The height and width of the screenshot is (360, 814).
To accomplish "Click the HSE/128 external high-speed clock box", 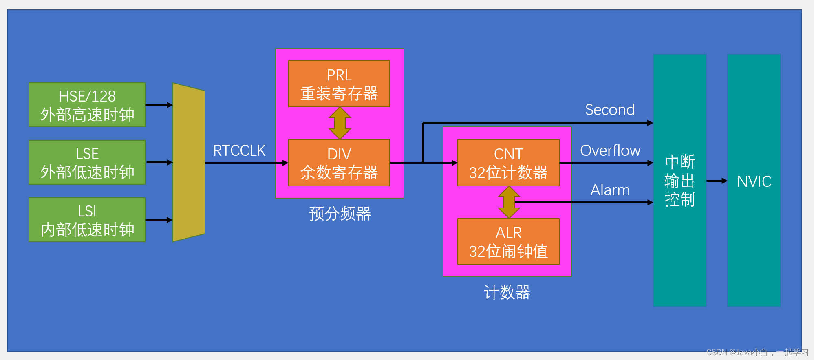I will coord(87,105).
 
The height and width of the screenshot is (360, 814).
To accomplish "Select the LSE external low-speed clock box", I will coord(87,162).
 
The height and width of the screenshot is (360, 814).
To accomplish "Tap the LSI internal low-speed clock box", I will coord(87,220).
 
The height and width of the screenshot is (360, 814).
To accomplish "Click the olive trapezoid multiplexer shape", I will coord(189,162).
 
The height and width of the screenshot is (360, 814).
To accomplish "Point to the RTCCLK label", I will coord(239,150).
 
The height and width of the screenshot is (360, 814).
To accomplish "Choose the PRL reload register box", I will coord(339,84).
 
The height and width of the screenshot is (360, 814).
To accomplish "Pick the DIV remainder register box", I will coord(339,163).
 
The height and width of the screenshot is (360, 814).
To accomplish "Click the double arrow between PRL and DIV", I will coord(340,123).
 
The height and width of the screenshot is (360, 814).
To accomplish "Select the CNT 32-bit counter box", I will coord(508,163).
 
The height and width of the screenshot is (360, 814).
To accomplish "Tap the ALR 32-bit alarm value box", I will coord(508,241).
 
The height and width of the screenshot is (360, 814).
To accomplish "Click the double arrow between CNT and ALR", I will coord(508,202).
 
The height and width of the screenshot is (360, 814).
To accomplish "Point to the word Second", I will coord(610,110).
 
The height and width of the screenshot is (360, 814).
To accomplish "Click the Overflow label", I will coord(610,150).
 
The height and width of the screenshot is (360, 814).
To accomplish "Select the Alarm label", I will coord(610,190).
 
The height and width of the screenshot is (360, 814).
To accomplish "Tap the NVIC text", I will coord(754,181).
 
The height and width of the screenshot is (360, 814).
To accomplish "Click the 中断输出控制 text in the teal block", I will coord(679,181).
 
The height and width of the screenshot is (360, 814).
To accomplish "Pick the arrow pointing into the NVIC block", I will coord(717,181).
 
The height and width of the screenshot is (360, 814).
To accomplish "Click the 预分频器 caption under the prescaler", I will coord(340,214).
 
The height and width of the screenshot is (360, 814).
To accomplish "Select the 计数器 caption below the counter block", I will coord(507,292).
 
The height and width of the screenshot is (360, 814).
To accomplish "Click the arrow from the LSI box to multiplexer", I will coord(159,220).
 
